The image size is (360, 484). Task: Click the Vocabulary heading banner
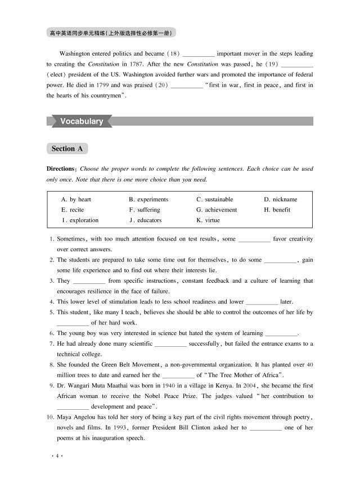81,121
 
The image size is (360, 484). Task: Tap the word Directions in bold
61,169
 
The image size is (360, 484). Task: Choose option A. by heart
76,200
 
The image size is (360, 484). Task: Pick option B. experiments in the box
148,200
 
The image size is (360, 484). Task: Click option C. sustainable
214,200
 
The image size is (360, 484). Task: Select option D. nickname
281,200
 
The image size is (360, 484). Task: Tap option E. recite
73,210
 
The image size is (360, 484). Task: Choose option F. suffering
145,210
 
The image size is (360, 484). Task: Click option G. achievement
217,210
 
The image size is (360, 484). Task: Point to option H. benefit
277,210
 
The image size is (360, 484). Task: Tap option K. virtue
208,220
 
